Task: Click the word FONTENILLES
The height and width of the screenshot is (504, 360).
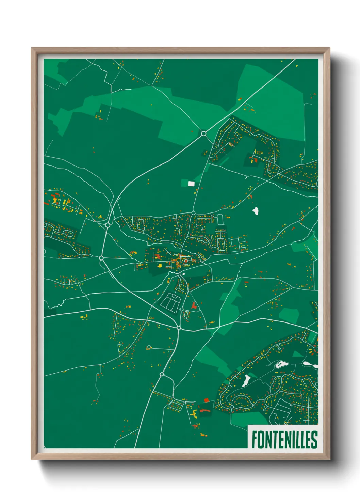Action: tap(284, 440)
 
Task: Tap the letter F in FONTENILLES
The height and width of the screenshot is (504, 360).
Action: tap(255, 440)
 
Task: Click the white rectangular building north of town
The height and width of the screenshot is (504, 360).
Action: tap(191, 184)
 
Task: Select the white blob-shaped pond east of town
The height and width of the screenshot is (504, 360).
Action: tap(256, 211)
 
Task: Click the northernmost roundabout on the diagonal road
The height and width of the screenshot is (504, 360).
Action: tap(203, 133)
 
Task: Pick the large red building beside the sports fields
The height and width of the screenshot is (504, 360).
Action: tap(194, 305)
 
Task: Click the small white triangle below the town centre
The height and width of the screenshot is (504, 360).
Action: tap(184, 273)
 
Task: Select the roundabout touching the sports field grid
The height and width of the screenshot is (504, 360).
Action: tap(182, 309)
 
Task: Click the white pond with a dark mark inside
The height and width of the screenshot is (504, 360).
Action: tap(280, 365)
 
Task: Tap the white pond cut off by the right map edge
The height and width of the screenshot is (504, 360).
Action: tap(310, 364)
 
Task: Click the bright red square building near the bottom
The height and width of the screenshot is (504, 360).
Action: tap(206, 400)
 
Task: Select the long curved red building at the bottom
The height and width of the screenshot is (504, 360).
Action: tap(206, 410)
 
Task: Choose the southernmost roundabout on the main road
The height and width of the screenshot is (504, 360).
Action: tap(162, 374)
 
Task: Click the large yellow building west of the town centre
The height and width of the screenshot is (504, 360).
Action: tap(160, 265)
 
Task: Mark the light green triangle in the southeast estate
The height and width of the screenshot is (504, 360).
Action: tap(297, 354)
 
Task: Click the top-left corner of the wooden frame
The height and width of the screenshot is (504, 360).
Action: tap(32, 48)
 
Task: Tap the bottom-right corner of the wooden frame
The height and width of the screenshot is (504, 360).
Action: tap(329, 459)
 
